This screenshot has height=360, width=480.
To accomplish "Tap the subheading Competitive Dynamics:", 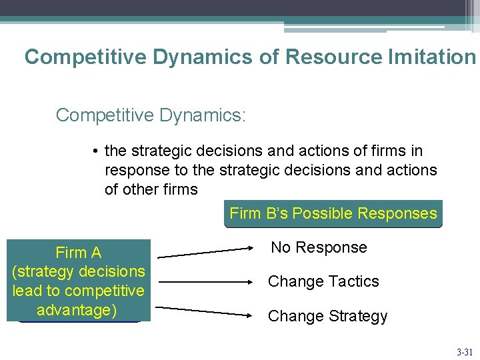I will (x=151, y=115).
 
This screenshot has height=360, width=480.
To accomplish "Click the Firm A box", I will (x=79, y=281).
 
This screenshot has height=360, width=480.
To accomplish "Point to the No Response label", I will (x=319, y=247).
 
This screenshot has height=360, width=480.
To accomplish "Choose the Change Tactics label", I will (x=323, y=281).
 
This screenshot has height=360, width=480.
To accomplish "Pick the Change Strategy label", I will (x=327, y=316).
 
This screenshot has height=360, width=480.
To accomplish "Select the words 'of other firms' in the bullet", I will (x=151, y=189).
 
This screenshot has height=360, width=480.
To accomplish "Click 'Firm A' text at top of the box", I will (x=79, y=253).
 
